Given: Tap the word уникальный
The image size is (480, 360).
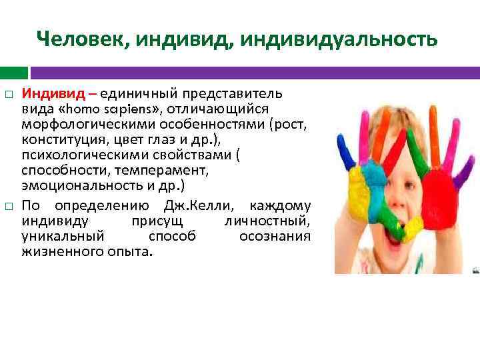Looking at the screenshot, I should tap(63, 236).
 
